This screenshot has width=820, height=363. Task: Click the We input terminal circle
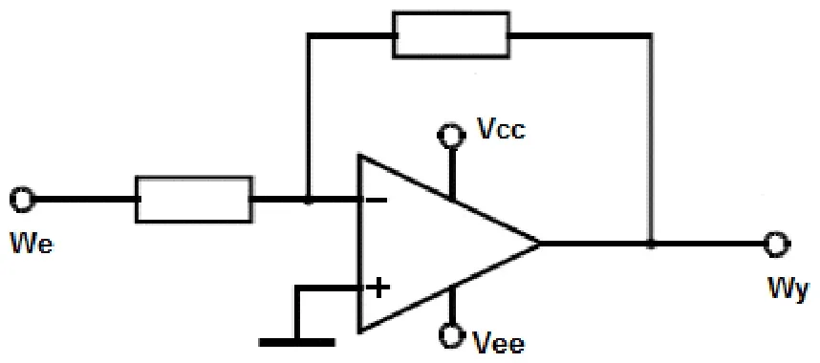pos(22,200)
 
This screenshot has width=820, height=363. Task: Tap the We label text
pos(32,245)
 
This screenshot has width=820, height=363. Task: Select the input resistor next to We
pos(194,200)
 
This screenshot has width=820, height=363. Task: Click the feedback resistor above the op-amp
pos(451,34)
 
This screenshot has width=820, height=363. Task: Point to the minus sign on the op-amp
pos(379,200)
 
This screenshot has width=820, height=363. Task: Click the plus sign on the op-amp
pos(379,288)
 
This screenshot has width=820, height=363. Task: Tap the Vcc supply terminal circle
pos(451,136)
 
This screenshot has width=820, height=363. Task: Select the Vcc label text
pos(502,129)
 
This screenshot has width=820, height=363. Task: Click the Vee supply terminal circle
pos(451,334)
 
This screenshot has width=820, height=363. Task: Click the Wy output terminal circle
pos(776,245)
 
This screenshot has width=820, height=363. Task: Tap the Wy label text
pos(788,290)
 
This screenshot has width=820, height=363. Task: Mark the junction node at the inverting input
pos(309,200)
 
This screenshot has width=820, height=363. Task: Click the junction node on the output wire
pos(651,245)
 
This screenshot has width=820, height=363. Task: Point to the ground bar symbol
pos(297,343)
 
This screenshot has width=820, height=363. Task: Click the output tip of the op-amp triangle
pos(540,244)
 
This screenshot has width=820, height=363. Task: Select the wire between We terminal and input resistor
pos(84,200)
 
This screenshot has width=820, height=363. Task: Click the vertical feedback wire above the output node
pos(651,139)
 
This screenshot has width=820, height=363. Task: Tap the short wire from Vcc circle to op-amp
pos(451,174)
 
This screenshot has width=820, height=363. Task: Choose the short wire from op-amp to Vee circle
pos(451,305)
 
